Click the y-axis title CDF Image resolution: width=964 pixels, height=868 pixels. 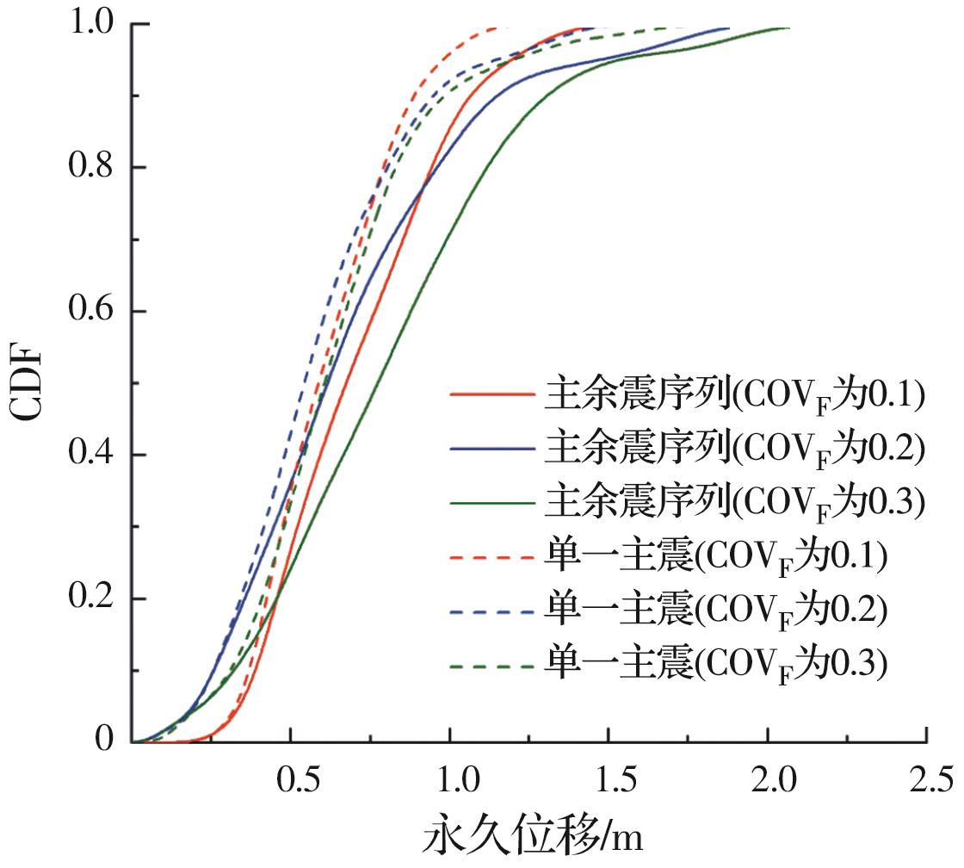click(28, 383)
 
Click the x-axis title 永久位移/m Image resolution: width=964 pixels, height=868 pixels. click(534, 838)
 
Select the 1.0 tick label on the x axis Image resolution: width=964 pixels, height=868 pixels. click(450, 781)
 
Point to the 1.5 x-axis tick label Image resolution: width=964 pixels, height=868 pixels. click(609, 781)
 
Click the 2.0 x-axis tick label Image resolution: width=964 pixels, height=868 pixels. click(768, 781)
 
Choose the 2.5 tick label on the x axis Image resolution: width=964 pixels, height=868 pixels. click(926, 781)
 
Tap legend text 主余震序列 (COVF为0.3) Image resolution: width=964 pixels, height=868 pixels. click(734, 503)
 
